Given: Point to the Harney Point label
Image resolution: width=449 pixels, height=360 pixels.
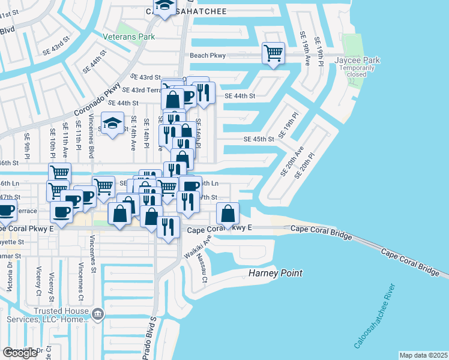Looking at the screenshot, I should pyautogui.click(x=276, y=274).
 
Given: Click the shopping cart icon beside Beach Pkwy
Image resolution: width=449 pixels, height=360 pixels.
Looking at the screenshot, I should pyautogui.click(x=273, y=53).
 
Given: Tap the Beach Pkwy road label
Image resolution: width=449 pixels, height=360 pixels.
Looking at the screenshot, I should pyautogui.click(x=208, y=55).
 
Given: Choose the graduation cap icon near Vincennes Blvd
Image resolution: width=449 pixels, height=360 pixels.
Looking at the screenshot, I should pyautogui.click(x=112, y=124).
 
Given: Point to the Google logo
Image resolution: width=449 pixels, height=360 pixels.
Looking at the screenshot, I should pyautogui.click(x=20, y=353).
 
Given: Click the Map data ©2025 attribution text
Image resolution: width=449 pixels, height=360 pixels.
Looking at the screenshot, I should pyautogui.click(x=423, y=355).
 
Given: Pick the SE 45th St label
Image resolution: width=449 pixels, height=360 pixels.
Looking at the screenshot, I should pyautogui.click(x=259, y=139).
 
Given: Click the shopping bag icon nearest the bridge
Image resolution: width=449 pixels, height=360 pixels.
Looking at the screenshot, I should pyautogui.click(x=228, y=214).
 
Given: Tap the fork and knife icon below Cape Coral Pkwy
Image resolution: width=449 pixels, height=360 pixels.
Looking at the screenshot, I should pyautogui.click(x=167, y=227).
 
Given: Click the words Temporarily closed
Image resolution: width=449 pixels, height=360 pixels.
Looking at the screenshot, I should pyautogui.click(x=357, y=71).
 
